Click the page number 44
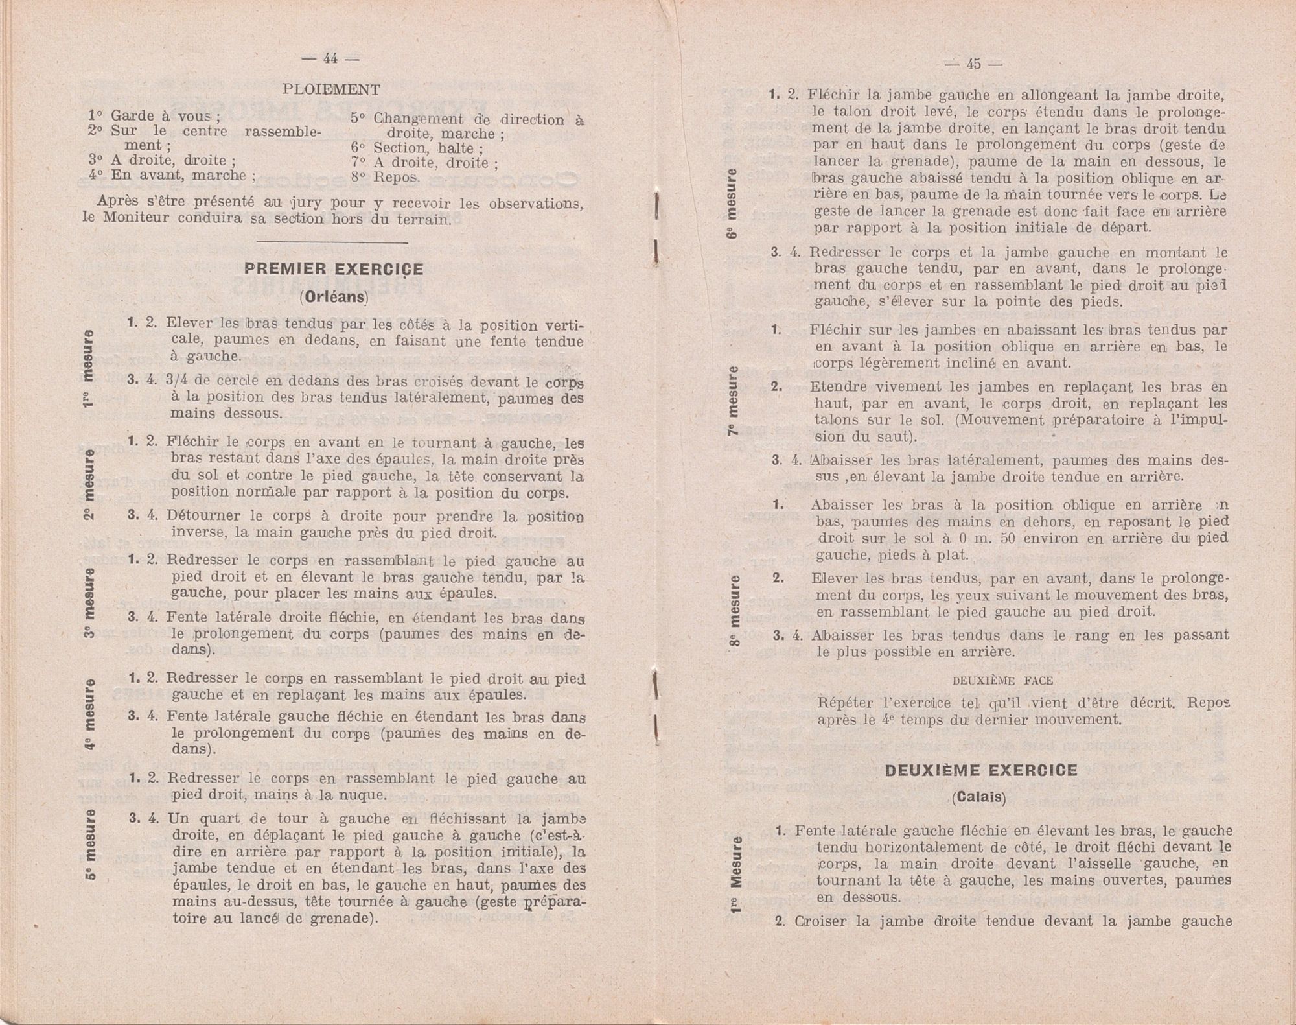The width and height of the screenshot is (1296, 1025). tap(330, 58)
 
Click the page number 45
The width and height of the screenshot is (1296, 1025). tap(973, 64)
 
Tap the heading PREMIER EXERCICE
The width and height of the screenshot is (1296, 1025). tap(334, 269)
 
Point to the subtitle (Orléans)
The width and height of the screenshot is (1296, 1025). tap(334, 298)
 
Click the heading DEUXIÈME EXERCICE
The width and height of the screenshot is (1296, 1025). tap(980, 770)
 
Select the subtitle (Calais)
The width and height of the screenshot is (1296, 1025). tap(979, 797)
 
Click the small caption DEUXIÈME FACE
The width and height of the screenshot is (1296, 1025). tap(1002, 681)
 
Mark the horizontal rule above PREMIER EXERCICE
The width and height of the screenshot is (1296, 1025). tap(332, 242)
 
